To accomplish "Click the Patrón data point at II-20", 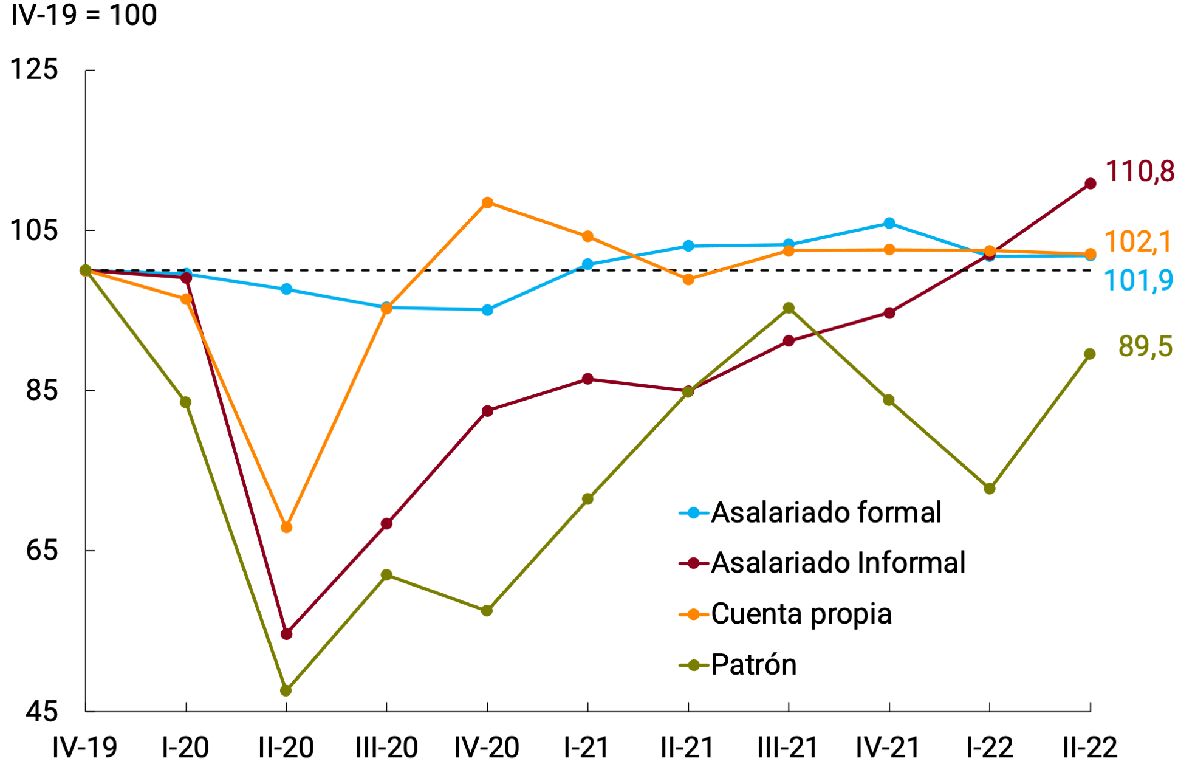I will [x=286, y=690].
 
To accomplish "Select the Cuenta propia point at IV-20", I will [x=487, y=202].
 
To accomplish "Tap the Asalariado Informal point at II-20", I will [x=287, y=634].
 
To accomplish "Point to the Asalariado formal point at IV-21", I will [x=889, y=223].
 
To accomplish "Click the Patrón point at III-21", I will [x=789, y=308].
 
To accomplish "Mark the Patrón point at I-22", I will [x=990, y=489].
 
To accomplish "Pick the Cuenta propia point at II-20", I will [x=287, y=528].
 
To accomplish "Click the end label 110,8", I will [x=1140, y=171].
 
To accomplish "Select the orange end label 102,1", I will [x=1137, y=242].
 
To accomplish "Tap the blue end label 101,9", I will [x=1138, y=281].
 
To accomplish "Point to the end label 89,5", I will [x=1145, y=346].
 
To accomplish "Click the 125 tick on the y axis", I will [x=35, y=69].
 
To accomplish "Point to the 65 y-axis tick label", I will [x=42, y=550].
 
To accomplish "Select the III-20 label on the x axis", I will [x=386, y=748].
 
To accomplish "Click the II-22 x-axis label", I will [x=1090, y=748].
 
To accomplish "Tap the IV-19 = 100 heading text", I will [x=84, y=15].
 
